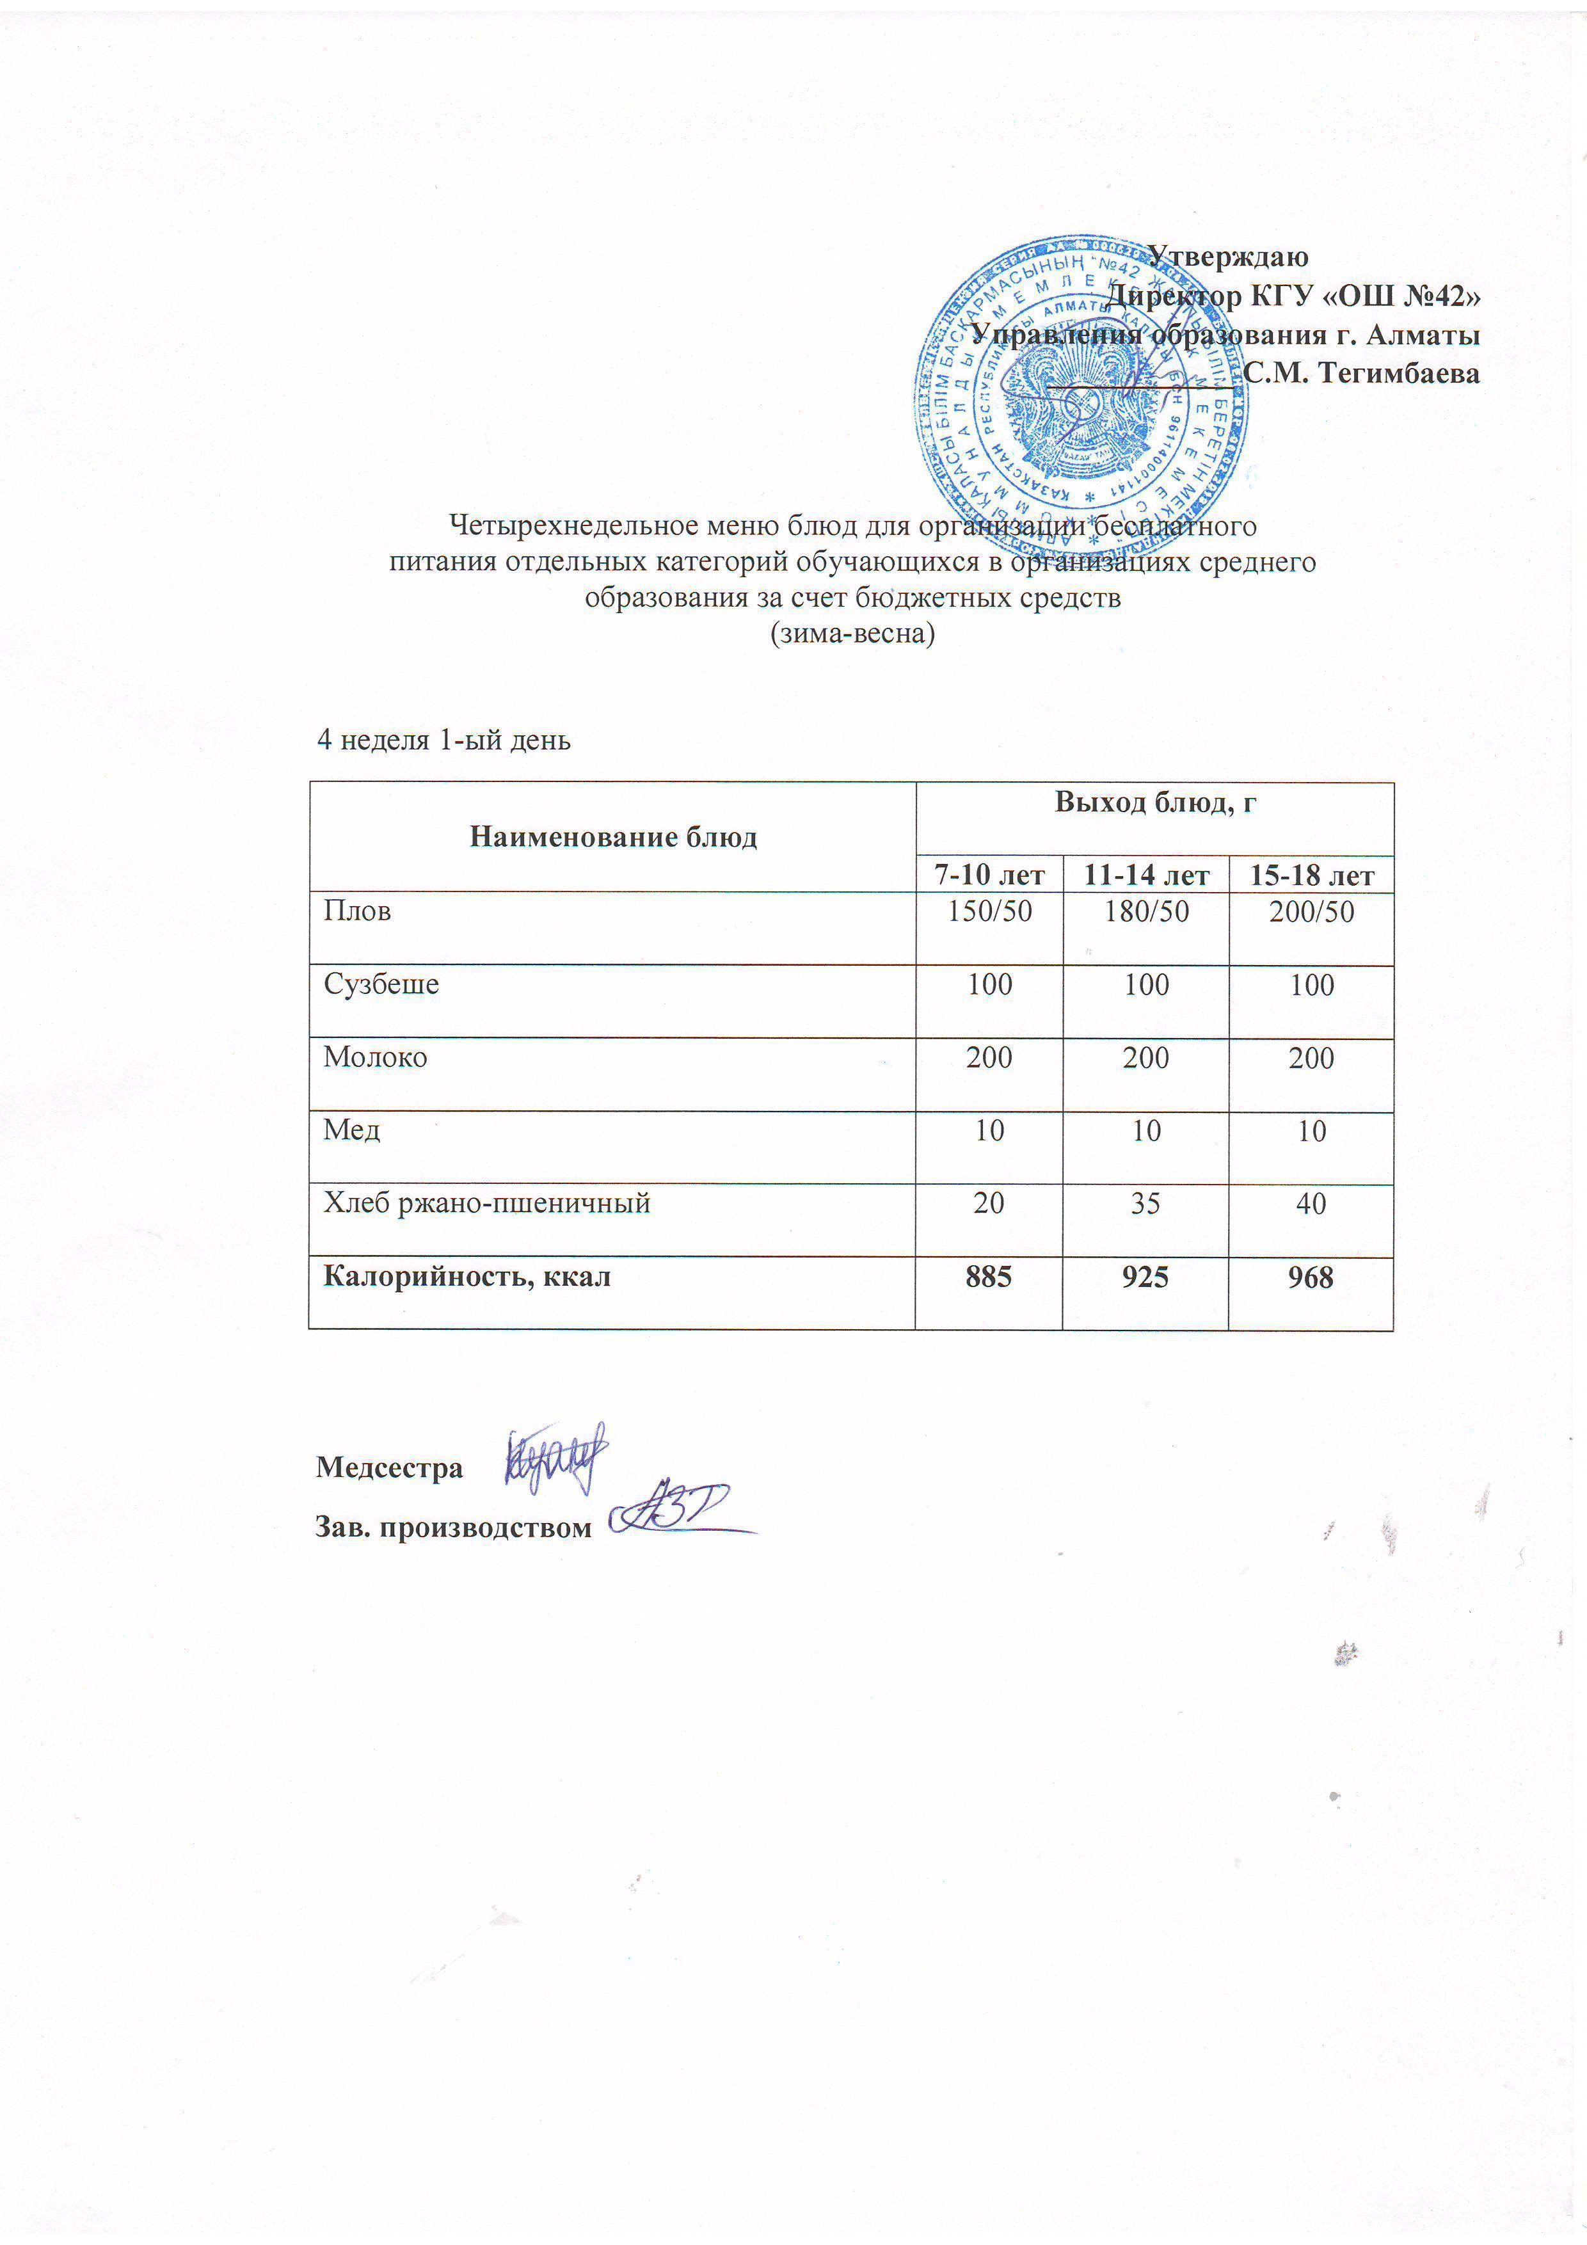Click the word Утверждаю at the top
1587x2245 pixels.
click(1227, 257)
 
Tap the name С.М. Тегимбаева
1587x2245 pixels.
click(1361, 372)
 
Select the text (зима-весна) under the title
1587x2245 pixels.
click(852, 634)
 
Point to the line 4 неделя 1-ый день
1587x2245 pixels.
click(443, 739)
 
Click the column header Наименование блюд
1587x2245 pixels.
click(613, 837)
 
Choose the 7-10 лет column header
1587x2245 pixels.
click(989, 875)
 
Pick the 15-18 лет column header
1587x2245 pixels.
click(1311, 875)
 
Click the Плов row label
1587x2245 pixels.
click(358, 911)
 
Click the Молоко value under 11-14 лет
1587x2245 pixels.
click(1146, 1058)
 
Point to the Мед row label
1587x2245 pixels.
click(352, 1130)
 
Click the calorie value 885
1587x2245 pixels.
click(989, 1277)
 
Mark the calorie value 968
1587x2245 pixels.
click(1311, 1277)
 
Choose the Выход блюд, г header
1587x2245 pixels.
click(1155, 803)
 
